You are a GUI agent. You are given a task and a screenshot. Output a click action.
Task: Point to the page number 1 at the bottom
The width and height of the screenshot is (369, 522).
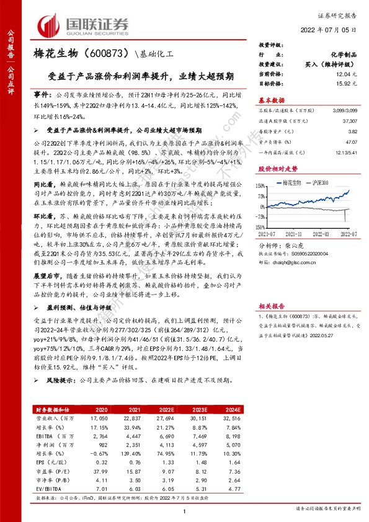(x=184, y=510)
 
